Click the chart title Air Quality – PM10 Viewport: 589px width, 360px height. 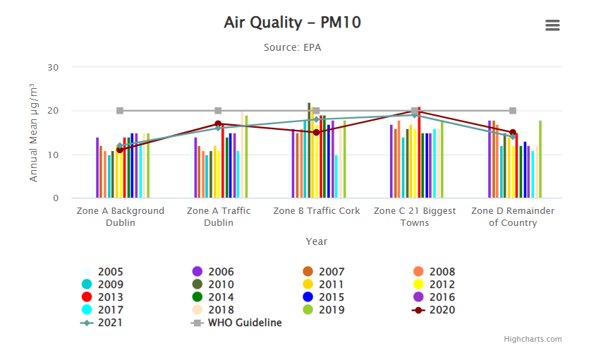pyautogui.click(x=292, y=23)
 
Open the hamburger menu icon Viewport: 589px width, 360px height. pyautogui.click(x=552, y=25)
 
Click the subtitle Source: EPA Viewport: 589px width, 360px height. pyautogui.click(x=292, y=47)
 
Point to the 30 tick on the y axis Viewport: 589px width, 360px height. pyautogui.click(x=53, y=67)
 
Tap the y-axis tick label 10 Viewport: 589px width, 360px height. pyautogui.click(x=53, y=155)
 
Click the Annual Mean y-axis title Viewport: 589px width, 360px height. pyautogui.click(x=33, y=132)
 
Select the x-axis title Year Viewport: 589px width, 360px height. pyautogui.click(x=316, y=241)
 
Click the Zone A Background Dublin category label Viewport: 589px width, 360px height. pyautogui.click(x=120, y=217)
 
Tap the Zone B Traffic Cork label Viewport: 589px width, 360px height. pyautogui.click(x=316, y=211)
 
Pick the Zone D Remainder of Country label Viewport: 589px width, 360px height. pyautogui.click(x=513, y=217)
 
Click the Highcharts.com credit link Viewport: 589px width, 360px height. pyautogui.click(x=533, y=339)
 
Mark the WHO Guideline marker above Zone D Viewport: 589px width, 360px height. pyautogui.click(x=513, y=111)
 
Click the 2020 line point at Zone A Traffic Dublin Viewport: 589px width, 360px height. pyautogui.click(x=218, y=124)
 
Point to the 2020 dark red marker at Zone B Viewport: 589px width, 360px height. pyautogui.click(x=316, y=133)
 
